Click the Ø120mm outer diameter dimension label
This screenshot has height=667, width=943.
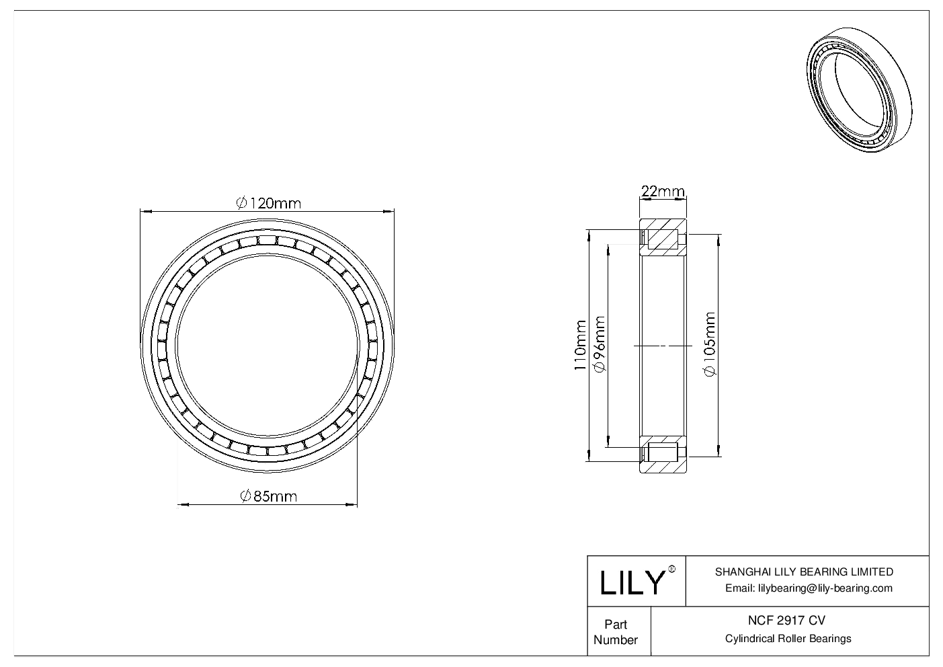(268, 202)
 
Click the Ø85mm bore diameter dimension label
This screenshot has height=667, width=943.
(268, 496)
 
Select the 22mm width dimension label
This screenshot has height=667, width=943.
(662, 192)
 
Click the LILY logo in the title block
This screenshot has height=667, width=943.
(631, 582)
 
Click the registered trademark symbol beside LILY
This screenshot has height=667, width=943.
(671, 570)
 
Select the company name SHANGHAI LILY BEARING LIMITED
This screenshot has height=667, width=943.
(804, 572)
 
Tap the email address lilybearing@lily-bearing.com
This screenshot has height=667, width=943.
(809, 588)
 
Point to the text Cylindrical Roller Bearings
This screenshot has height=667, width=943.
(788, 639)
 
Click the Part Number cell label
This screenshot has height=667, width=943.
(616, 631)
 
